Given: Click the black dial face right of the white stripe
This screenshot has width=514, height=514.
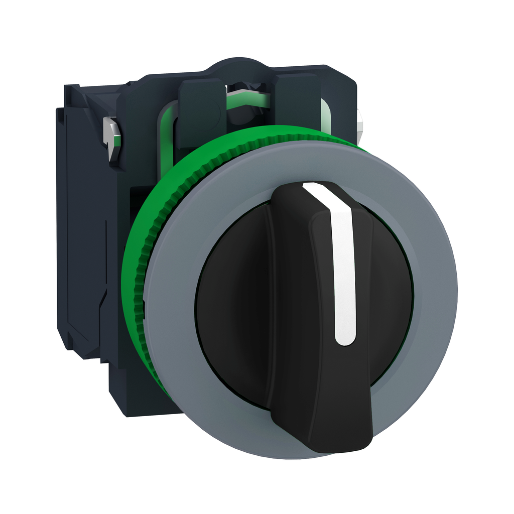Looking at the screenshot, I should [x=387, y=296].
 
